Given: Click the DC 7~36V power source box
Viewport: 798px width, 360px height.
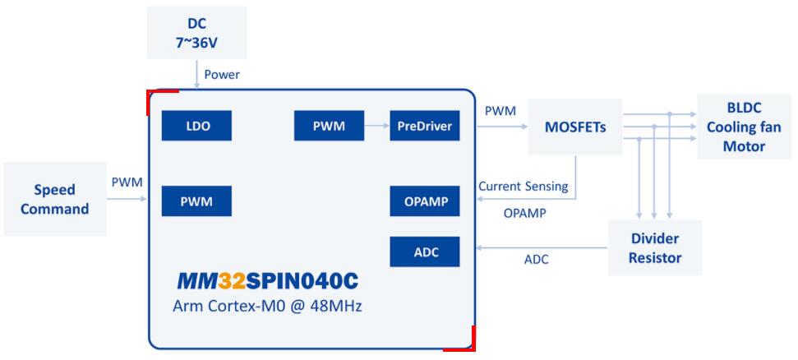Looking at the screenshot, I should (196, 32).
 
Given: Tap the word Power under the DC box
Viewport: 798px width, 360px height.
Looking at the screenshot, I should (222, 75).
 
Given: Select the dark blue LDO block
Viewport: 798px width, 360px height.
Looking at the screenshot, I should (196, 127).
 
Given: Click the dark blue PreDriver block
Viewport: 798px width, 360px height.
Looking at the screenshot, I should (423, 127).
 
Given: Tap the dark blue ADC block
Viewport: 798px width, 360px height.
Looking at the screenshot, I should (423, 251).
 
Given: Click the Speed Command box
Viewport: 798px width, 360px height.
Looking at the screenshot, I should (54, 199).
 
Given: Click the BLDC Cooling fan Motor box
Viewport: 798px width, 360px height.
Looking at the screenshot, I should (743, 127).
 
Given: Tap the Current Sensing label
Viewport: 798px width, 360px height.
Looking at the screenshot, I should (523, 187).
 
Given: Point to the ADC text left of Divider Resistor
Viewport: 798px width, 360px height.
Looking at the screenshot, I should (536, 260).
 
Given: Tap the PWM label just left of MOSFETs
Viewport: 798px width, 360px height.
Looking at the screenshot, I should (500, 111).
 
